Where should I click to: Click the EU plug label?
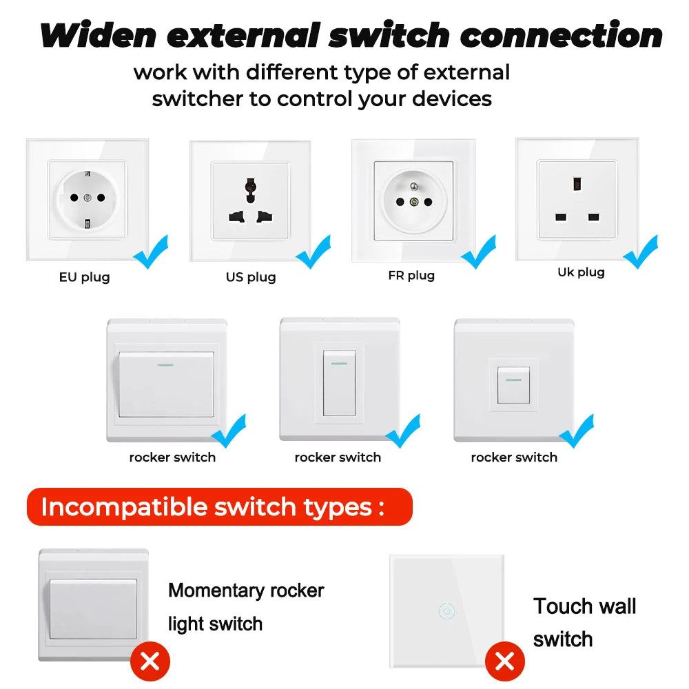tap(84, 278)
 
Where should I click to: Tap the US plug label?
tap(251, 277)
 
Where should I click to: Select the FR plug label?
tap(411, 276)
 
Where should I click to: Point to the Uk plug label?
tap(581, 272)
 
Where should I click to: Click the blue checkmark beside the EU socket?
tap(151, 251)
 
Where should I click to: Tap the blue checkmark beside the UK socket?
tap(641, 251)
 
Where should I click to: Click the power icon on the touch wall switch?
tap(446, 610)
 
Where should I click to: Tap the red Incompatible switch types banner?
tap(219, 507)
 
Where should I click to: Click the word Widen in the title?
tap(99, 36)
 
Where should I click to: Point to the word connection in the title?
tap(562, 36)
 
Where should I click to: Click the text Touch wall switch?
tap(584, 622)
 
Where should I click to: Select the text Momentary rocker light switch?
tap(246, 607)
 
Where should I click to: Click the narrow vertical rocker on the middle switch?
tap(339, 383)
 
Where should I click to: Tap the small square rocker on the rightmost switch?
tap(513, 385)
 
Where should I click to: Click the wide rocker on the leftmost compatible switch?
tap(165, 384)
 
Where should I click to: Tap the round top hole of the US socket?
tap(251, 185)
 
